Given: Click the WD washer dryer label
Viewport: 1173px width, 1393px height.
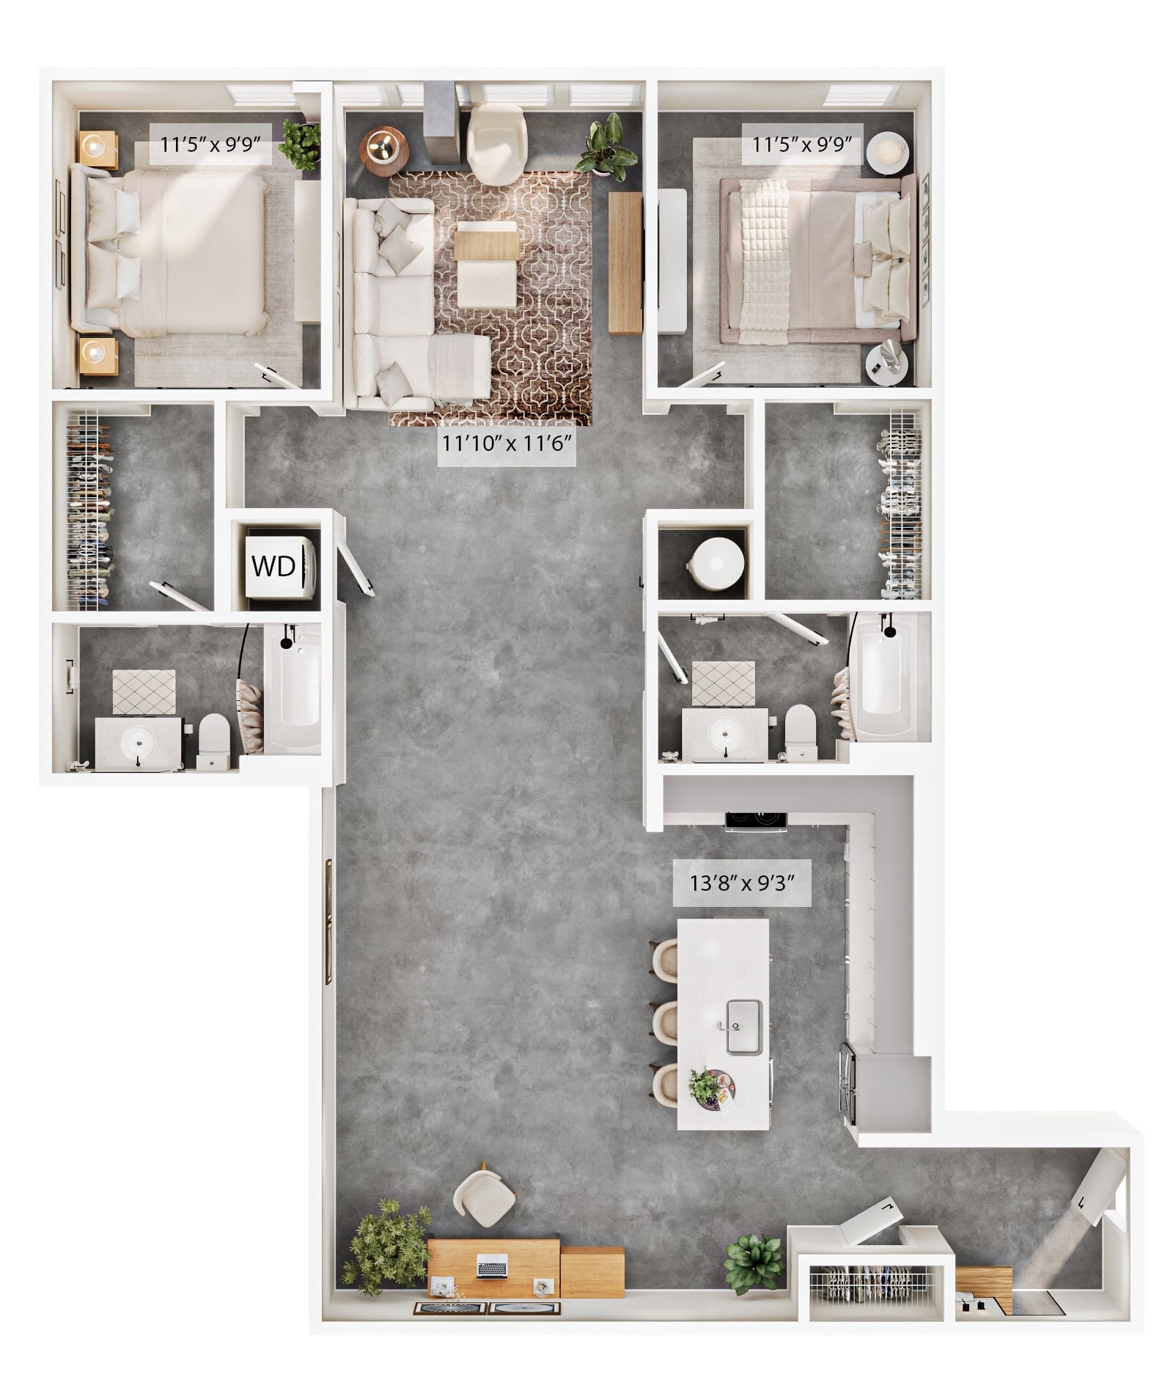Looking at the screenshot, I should click(x=273, y=566).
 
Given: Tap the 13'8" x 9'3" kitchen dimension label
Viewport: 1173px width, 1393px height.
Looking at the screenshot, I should click(x=742, y=883).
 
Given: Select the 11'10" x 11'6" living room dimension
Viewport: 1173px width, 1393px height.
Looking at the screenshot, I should click(x=507, y=443).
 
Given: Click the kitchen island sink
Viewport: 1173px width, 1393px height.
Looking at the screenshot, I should click(x=744, y=1026).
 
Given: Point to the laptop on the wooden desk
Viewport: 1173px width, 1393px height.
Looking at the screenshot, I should click(x=492, y=1266).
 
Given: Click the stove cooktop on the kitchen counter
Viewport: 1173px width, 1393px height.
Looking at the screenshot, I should click(x=755, y=819).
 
